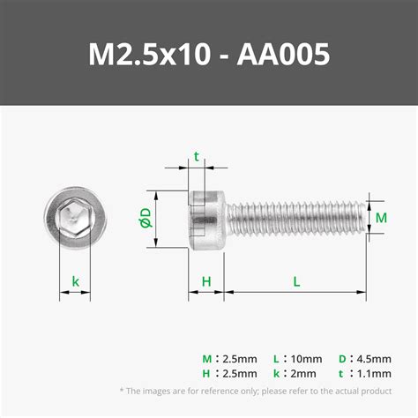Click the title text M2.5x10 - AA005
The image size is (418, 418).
pyautogui.click(x=209, y=55)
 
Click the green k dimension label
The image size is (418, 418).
pyautogui.click(x=76, y=282)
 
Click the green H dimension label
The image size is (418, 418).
pyautogui.click(x=205, y=281)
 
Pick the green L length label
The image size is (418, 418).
pyautogui.click(x=296, y=281)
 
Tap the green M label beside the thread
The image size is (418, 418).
pyautogui.click(x=382, y=217)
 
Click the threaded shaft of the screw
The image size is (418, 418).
pyautogui.click(x=291, y=218)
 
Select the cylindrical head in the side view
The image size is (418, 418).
pyautogui.click(x=207, y=218)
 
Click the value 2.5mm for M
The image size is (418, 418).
pyautogui.click(x=241, y=359)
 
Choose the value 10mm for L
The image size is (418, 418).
pyautogui.click(x=307, y=359)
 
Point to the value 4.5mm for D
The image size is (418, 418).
pyautogui.click(x=374, y=359)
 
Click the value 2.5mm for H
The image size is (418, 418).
pyautogui.click(x=241, y=373)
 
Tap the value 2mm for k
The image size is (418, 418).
pyautogui.click(x=303, y=373)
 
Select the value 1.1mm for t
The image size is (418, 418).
pyautogui.click(x=374, y=373)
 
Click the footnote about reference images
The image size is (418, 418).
pyautogui.click(x=255, y=391)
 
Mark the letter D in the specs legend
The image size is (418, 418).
pyautogui.click(x=342, y=359)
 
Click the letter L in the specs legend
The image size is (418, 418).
pyautogui.click(x=276, y=359)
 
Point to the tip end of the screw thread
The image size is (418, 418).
pyautogui.click(x=361, y=218)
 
